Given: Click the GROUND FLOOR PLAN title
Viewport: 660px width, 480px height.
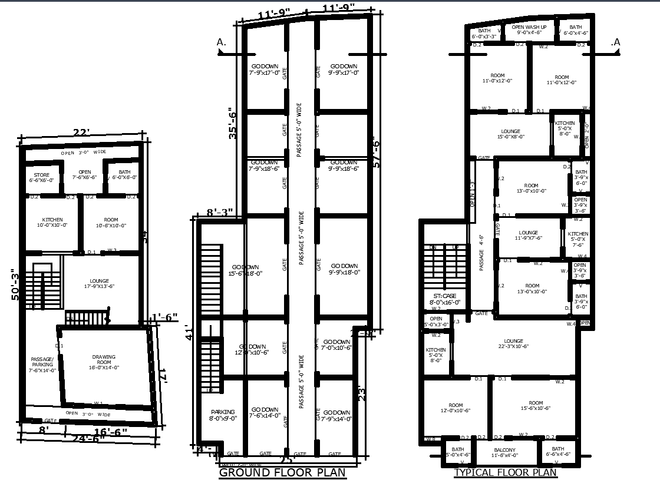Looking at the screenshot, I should [x=282, y=472].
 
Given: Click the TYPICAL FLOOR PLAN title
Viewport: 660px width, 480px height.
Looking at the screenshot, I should [x=505, y=472].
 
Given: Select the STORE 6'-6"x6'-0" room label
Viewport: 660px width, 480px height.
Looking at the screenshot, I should [x=41, y=177].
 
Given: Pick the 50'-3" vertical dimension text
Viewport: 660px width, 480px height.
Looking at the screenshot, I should [x=16, y=284].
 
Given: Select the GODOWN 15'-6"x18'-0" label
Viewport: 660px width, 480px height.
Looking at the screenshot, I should [x=246, y=270].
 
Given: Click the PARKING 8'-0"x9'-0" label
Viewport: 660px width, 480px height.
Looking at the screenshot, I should [x=222, y=415].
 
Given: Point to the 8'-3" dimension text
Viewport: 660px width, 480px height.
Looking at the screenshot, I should [x=220, y=213].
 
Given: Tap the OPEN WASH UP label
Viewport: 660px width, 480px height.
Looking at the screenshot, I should [x=529, y=30].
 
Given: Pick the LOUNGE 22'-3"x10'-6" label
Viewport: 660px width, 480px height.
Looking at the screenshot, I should [x=513, y=343].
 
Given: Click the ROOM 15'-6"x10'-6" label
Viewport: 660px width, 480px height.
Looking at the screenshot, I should [x=535, y=405].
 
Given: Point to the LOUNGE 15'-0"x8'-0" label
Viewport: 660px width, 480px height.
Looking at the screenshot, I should [x=510, y=134].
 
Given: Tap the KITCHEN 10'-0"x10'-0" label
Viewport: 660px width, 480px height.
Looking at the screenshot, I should [x=52, y=223].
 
